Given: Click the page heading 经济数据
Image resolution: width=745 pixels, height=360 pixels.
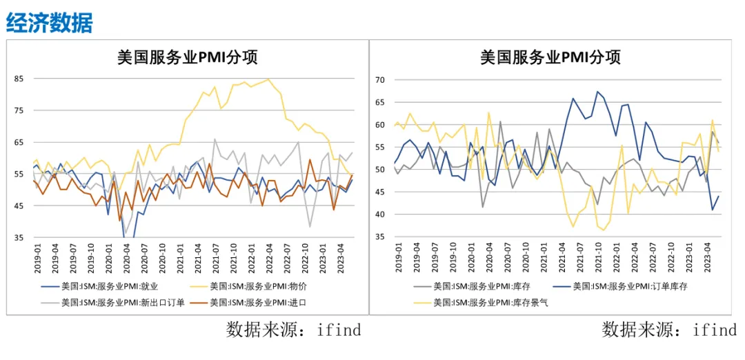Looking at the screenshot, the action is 50,23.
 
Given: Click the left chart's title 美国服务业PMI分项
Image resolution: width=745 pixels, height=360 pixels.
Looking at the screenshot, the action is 188,58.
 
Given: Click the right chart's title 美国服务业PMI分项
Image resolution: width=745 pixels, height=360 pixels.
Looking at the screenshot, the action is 550,58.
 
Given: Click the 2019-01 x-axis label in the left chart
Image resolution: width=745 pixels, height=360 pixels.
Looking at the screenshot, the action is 37,257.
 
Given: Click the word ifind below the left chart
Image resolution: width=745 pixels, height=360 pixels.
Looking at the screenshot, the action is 339,329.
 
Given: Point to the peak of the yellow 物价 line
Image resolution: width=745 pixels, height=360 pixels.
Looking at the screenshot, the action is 268,79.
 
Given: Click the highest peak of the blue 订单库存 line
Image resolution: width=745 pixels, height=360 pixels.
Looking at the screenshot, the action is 597,92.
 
